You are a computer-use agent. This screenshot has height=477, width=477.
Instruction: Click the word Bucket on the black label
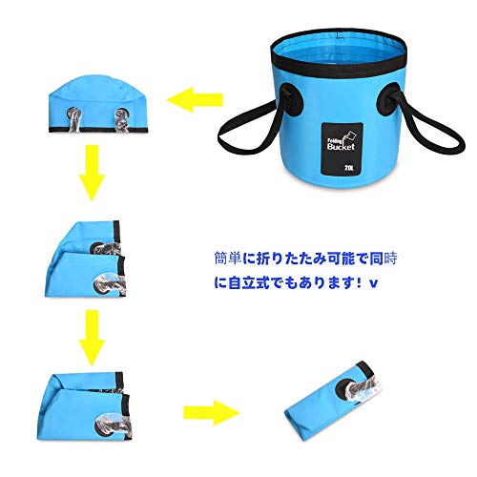pyautogui.click(x=341, y=146)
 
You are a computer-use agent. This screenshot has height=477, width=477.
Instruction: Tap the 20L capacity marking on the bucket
pyautogui.click(x=349, y=167)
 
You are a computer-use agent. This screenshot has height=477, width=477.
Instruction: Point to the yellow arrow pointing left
pyautogui.click(x=195, y=100)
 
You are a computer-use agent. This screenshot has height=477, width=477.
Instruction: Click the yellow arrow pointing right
pyautogui.click(x=211, y=413)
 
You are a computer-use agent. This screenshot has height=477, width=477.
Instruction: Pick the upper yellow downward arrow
pyautogui.click(x=92, y=173)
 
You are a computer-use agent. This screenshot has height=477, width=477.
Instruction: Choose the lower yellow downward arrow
pyautogui.click(x=92, y=338)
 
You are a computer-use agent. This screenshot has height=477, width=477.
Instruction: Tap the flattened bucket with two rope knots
pyautogui.click(x=98, y=104)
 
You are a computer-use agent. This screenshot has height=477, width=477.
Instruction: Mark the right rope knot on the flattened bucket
pyautogui.click(x=122, y=120)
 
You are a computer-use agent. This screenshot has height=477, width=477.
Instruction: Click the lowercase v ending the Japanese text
pyautogui.click(x=374, y=283)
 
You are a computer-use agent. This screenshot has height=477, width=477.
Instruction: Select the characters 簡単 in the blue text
pyautogui.click(x=228, y=259)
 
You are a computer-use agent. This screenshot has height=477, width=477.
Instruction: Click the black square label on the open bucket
pyautogui.click(x=342, y=149)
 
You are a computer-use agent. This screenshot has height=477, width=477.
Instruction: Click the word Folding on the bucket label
pyautogui.click(x=335, y=140)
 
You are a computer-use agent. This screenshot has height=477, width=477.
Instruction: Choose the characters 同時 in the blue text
pyautogui.click(x=384, y=259)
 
